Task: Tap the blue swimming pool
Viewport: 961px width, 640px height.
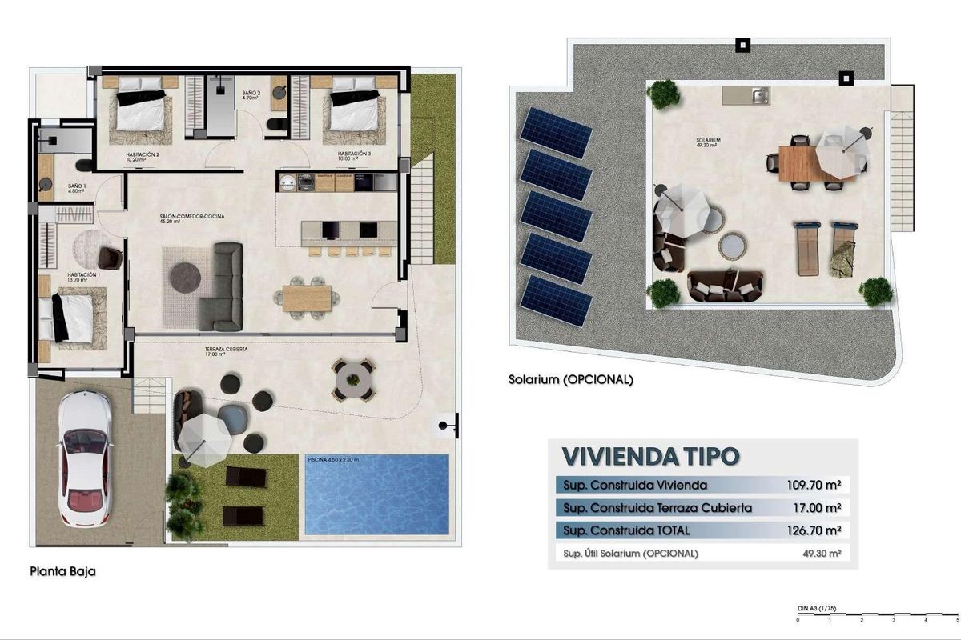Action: pos(376,494)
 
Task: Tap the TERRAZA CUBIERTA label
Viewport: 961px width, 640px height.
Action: pos(225,350)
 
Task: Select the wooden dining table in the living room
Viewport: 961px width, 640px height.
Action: pos(308,298)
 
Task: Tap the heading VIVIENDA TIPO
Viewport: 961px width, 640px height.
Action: pos(650,456)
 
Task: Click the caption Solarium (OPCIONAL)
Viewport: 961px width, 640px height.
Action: pos(571,380)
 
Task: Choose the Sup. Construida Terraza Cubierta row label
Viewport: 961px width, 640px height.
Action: pos(657,507)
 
